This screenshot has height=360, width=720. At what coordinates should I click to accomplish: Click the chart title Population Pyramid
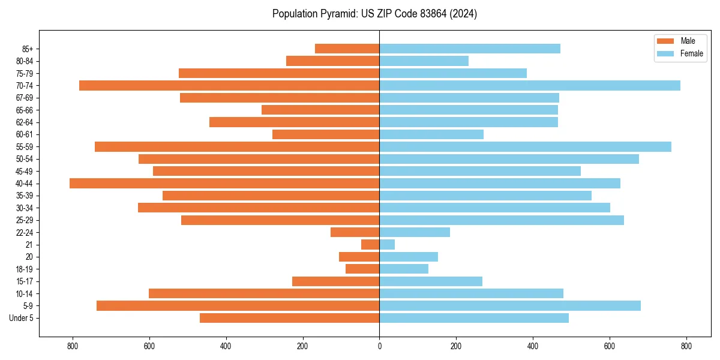(x=374, y=14)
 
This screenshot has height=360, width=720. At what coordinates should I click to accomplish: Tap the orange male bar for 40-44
(x=224, y=184)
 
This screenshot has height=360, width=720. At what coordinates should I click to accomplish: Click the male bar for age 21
(x=370, y=245)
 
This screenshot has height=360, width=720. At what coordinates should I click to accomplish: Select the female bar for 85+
(x=470, y=49)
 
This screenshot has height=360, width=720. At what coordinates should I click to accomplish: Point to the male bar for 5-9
(x=238, y=306)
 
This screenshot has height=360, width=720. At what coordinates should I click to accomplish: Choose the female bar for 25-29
(x=502, y=220)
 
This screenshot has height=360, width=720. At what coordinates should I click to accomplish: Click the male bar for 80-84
(x=332, y=61)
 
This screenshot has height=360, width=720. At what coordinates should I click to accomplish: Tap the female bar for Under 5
(x=474, y=318)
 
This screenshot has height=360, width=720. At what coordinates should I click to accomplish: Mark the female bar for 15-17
(x=431, y=281)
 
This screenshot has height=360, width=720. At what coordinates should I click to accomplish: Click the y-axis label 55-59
(x=25, y=147)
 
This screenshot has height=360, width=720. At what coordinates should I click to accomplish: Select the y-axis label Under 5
(x=22, y=318)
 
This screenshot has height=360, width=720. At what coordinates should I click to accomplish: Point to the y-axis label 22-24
(x=25, y=233)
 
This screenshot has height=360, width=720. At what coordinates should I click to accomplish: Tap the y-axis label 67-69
(x=25, y=98)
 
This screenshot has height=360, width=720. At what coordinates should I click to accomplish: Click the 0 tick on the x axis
(x=379, y=346)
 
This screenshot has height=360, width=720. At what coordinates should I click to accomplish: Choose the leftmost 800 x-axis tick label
(x=73, y=346)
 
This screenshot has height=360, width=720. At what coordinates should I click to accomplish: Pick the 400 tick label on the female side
(x=533, y=346)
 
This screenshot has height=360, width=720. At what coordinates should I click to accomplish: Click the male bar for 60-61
(x=326, y=134)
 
